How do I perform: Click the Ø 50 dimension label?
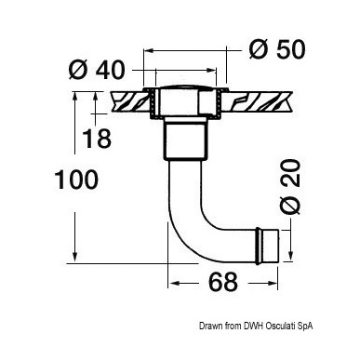[277, 49]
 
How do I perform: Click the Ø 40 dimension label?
[97, 70]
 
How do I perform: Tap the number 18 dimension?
[97, 139]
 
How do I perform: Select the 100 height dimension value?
[76, 180]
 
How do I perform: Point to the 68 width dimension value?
[223, 282]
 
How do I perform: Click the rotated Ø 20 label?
[290, 187]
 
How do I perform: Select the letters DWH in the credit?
[253, 326]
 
